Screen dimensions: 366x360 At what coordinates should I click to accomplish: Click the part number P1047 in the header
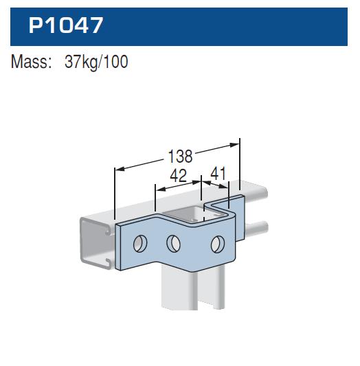click(x=65, y=25)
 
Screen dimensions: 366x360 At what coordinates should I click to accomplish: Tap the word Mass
click(x=31, y=62)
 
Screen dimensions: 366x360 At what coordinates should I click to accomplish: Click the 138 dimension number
click(x=180, y=155)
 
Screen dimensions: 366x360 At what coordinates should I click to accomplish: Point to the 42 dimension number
click(x=178, y=176)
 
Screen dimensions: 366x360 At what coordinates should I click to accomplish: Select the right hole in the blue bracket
click(x=217, y=243)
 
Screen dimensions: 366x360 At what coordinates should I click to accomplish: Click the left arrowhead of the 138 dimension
click(x=117, y=168)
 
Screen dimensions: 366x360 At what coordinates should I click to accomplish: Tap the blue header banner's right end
click(x=344, y=25)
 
